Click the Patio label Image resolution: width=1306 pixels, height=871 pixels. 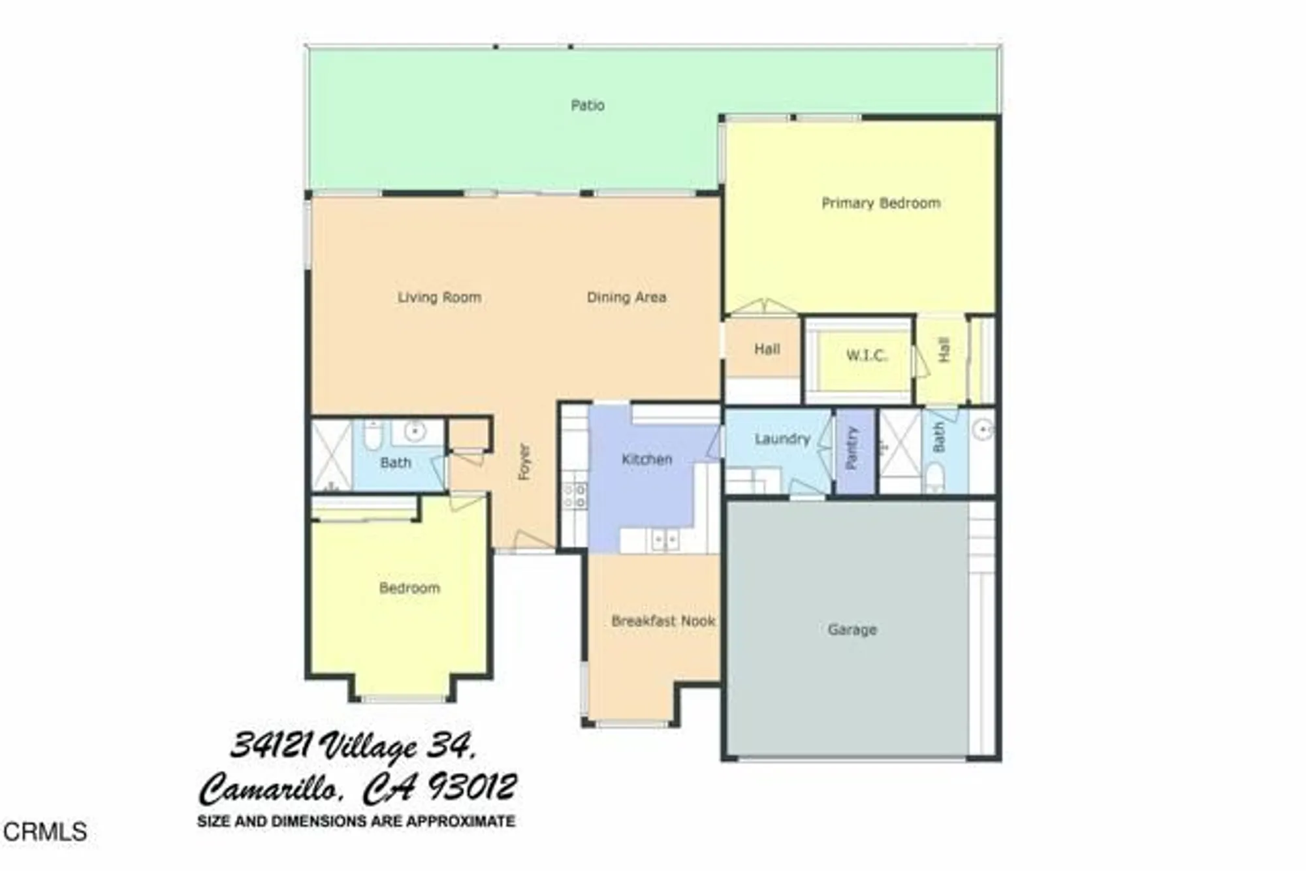pos(587,105)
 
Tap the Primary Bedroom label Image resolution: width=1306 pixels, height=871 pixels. pos(880,203)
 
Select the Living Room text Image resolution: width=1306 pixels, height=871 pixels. pos(439,297)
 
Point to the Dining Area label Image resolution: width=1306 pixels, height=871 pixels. pos(626,297)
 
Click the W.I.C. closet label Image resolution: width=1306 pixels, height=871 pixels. pos(867,356)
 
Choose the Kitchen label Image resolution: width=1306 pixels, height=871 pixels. pos(646,459)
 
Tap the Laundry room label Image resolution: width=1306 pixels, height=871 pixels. pos(782,439)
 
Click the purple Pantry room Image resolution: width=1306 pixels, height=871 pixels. pos(855,451)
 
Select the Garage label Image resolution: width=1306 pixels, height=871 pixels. pos(852,629)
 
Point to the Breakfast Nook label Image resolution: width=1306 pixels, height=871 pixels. pos(663,621)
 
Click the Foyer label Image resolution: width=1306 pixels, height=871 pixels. pos(524,462)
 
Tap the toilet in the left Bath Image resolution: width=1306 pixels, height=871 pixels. pos(372,435)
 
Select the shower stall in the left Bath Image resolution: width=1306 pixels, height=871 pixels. pos(331,455)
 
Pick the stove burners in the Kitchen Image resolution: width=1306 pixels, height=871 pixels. pos(575,495)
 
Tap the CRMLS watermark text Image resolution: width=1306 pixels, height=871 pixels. pos(44,832)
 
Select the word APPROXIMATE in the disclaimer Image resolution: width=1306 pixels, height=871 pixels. pos(460,821)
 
